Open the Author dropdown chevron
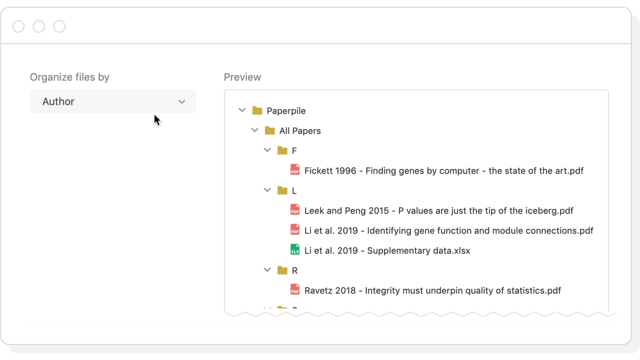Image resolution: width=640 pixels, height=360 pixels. click(182, 102)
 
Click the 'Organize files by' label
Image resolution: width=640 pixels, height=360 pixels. click(69, 77)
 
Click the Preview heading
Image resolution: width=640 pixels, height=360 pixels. click(242, 77)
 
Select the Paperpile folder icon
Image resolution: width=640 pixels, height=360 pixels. click(257, 110)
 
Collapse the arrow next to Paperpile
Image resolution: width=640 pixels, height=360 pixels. click(242, 110)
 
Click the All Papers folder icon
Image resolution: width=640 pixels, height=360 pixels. click(270, 130)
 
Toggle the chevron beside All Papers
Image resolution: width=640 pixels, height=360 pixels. click(255, 130)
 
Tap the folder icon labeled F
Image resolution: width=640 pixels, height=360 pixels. click(282, 150)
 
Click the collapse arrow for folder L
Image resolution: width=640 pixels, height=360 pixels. click(267, 190)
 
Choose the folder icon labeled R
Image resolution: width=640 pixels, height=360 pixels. click(282, 270)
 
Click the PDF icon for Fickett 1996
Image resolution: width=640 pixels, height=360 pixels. click(295, 170)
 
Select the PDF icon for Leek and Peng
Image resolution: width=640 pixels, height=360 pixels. click(295, 210)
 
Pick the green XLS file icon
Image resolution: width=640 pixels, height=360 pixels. click(295, 250)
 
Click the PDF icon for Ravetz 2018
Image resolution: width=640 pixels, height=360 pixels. click(295, 290)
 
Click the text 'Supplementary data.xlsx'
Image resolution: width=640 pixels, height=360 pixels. click(418, 251)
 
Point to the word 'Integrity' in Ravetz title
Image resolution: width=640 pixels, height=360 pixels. click(384, 291)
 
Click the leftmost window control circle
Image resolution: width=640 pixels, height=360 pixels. click(18, 26)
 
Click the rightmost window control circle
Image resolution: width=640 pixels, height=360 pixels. click(59, 26)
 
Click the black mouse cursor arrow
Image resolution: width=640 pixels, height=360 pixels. click(156, 120)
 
